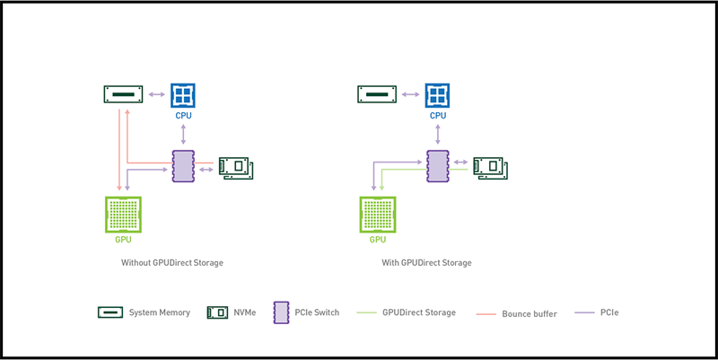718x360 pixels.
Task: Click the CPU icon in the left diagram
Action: coord(183,95)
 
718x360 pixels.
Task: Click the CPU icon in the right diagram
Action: coord(437,95)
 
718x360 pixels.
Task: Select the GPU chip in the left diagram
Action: coord(124,215)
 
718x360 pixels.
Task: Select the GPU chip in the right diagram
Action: coord(378,215)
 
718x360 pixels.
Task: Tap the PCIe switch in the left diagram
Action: coord(183,166)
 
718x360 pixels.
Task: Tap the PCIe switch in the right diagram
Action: coord(437,166)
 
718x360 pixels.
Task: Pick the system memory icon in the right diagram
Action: coord(377,94)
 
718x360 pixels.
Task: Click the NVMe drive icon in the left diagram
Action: coord(238,167)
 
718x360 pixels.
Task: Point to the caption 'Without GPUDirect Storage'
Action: coord(172,263)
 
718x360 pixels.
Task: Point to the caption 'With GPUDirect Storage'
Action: coord(426,263)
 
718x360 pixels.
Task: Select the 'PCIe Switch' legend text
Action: coord(318,312)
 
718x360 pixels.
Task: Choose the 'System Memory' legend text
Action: coord(160,312)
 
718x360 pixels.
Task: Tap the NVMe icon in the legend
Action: coord(216,312)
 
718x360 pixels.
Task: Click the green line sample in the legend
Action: coord(367,312)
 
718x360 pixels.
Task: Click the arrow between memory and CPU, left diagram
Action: coord(156,94)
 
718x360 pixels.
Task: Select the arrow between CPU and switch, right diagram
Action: coord(437,134)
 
